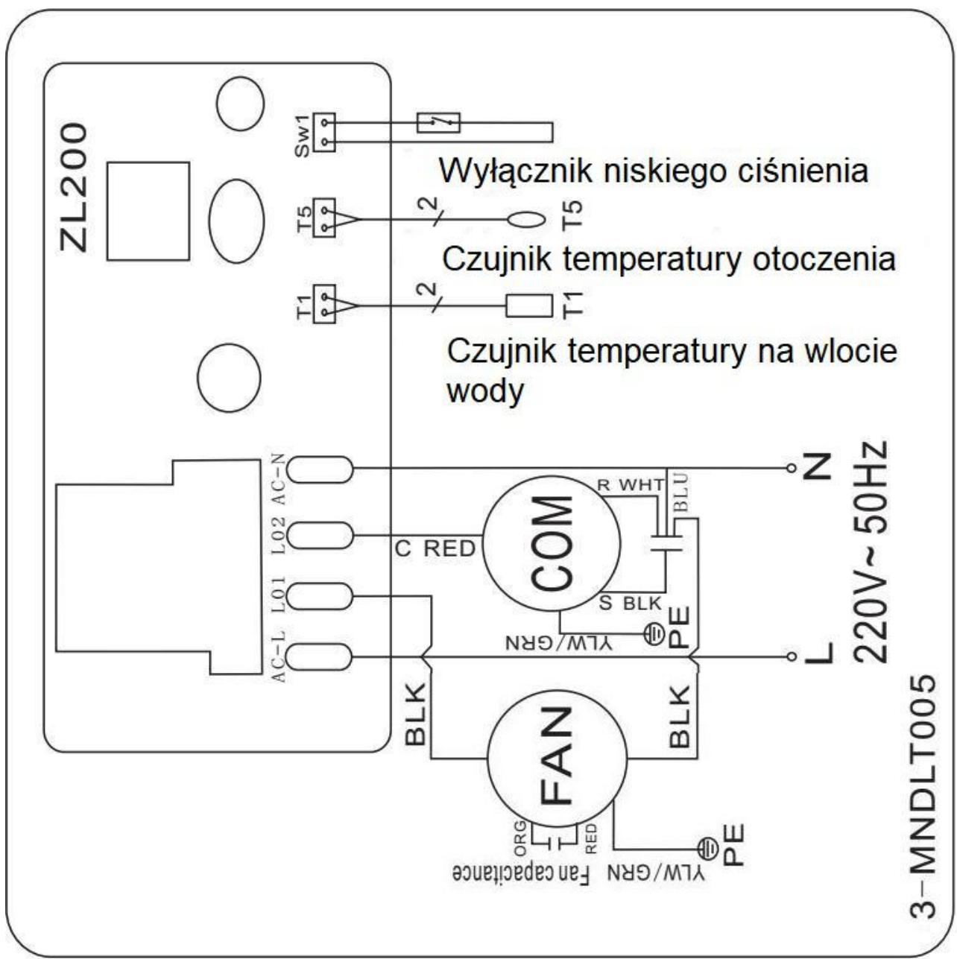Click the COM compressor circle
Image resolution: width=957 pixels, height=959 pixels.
pyautogui.click(x=552, y=542)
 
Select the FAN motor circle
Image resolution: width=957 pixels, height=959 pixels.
pyautogui.click(x=557, y=759)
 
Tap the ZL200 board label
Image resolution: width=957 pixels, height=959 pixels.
pyautogui.click(x=74, y=188)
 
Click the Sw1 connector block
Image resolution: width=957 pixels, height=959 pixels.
pyautogui.click(x=324, y=133)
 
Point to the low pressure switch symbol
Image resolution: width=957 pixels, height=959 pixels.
pyautogui.click(x=438, y=122)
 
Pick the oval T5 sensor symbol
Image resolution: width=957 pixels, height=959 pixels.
pyautogui.click(x=526, y=220)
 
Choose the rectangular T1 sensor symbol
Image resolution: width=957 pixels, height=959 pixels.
pyautogui.click(x=529, y=306)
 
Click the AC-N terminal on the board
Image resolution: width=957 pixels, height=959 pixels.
pyautogui.click(x=320, y=469)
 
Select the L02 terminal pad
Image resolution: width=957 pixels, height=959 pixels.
pyautogui.click(x=320, y=536)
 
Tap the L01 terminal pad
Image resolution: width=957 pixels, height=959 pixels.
pyautogui.click(x=320, y=596)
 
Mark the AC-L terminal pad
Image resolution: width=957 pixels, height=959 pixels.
pyautogui.click(x=320, y=656)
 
